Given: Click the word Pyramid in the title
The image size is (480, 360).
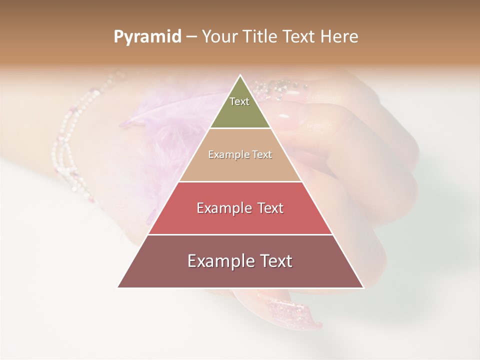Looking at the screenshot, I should click(x=147, y=37).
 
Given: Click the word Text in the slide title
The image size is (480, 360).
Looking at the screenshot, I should click(x=300, y=37).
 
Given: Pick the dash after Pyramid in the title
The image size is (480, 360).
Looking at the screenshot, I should click(x=191, y=37).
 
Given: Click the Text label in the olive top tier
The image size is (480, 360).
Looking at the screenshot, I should click(x=239, y=101).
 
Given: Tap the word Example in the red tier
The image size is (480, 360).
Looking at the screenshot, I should click(x=223, y=208).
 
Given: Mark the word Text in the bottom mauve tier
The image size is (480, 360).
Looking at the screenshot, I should click(x=274, y=261).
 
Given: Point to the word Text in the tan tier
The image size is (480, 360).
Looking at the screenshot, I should click(x=262, y=155).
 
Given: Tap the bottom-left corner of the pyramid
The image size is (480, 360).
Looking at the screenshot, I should click(x=118, y=287).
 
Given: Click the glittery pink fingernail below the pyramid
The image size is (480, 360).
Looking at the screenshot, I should click(x=292, y=312).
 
